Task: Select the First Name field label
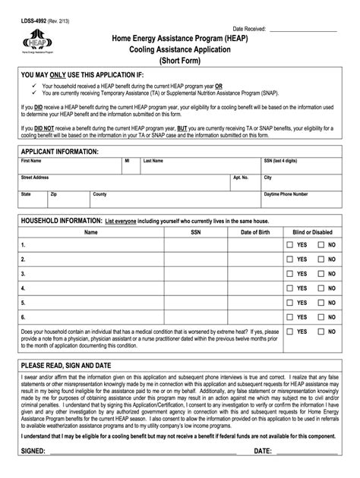click(x=31, y=161)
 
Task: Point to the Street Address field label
click(x=35, y=177)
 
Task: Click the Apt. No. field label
click(x=241, y=177)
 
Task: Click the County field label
click(x=99, y=194)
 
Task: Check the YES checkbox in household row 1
click(x=290, y=246)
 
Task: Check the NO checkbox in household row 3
click(x=322, y=274)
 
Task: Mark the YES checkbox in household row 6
click(x=290, y=316)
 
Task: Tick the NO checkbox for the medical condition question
click(x=322, y=332)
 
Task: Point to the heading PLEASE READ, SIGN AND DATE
click(x=67, y=365)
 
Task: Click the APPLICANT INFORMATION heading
click(x=60, y=152)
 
